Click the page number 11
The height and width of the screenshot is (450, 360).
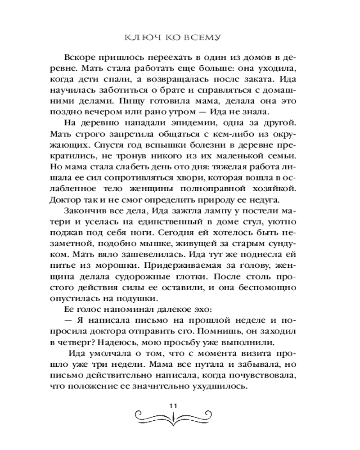click(174, 405)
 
